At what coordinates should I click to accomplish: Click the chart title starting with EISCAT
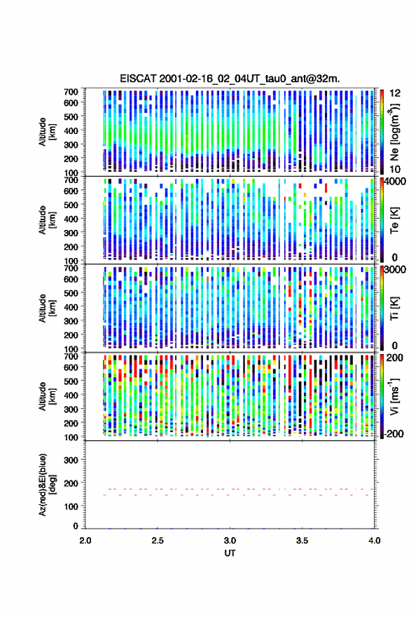tap(230, 79)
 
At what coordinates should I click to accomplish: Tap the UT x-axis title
tap(230, 553)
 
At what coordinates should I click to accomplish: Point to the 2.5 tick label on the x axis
tap(158, 541)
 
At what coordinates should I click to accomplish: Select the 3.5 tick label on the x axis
tap(302, 541)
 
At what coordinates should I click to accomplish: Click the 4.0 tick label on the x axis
tap(374, 541)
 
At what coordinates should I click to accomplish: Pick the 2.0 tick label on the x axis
tap(85, 541)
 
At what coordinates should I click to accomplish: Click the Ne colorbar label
tap(394, 132)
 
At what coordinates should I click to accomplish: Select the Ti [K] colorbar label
tap(394, 308)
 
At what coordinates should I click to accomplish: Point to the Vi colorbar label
tap(394, 397)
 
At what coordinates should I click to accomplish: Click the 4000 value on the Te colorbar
tap(396, 182)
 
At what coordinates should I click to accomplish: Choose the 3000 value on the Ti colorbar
tap(396, 270)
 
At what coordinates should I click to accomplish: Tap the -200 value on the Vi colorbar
tap(394, 433)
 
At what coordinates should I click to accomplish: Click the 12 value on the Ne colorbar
tap(396, 93)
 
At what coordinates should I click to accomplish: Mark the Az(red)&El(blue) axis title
tap(47, 484)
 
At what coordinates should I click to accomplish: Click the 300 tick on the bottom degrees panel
tap(71, 460)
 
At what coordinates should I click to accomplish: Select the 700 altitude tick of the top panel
tap(71, 92)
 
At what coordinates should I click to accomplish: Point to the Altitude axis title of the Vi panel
tap(47, 396)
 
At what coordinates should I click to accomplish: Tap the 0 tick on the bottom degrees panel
tap(76, 526)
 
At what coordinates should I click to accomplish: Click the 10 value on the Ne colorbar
tap(396, 169)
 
